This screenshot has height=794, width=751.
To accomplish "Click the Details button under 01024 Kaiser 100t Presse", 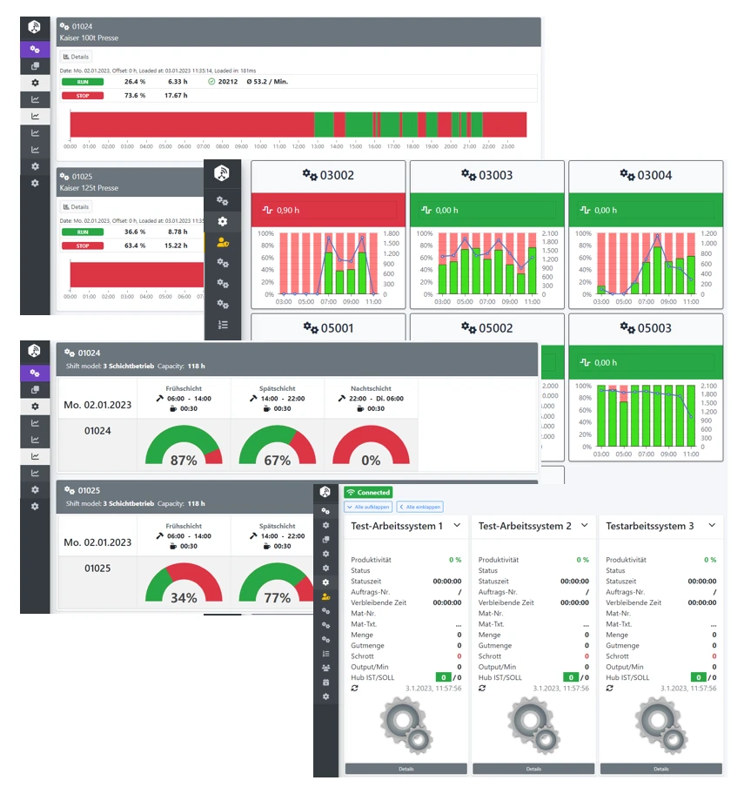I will pyautogui.click(x=77, y=57).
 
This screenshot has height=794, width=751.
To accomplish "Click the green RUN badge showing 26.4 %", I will pyautogui.click(x=83, y=81).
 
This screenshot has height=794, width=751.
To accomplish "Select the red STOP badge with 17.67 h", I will pyautogui.click(x=83, y=95).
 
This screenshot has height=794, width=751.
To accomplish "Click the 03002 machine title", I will pyautogui.click(x=328, y=175).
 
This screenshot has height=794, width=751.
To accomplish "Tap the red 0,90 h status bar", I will pyautogui.click(x=328, y=210).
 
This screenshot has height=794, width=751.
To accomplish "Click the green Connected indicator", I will pyautogui.click(x=368, y=492).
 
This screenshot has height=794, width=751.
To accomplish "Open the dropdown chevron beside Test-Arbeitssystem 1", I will pyautogui.click(x=457, y=525).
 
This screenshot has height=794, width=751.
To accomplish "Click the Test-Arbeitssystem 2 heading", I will pyautogui.click(x=525, y=526).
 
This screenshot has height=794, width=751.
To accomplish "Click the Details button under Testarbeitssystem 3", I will pyautogui.click(x=661, y=769).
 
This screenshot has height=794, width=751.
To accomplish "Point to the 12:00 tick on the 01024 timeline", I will pyautogui.click(x=298, y=146).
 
